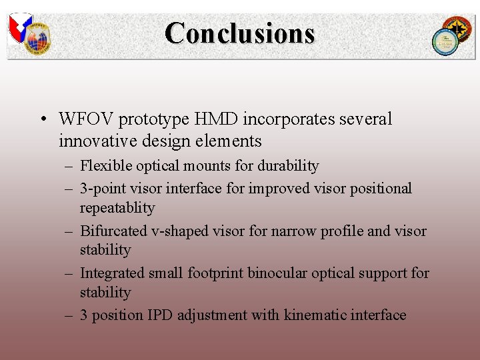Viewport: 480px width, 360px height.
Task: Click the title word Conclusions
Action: [239, 33]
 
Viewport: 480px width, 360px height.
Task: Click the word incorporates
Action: [291, 119]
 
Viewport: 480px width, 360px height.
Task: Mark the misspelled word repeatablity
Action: [117, 208]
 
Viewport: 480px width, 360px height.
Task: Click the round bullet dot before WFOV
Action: [42, 120]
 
